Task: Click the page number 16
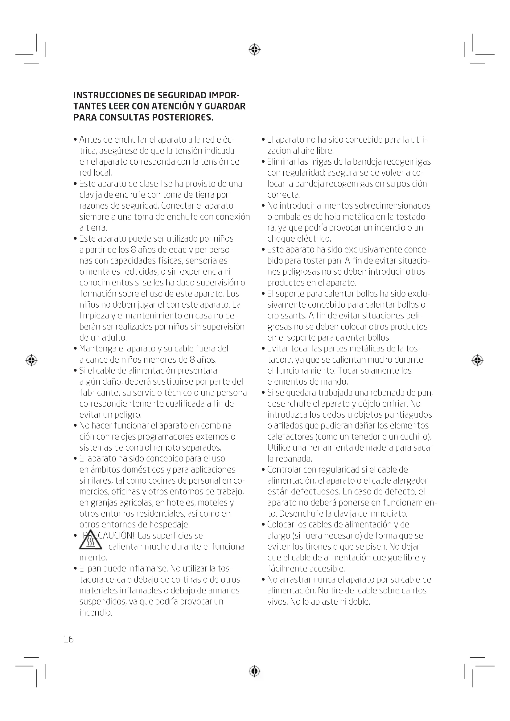coord(68,639)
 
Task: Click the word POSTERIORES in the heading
coord(183,117)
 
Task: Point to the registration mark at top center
coord(254,50)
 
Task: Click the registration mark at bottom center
coord(254,671)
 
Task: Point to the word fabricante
coord(95,392)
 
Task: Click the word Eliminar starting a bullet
coord(282,162)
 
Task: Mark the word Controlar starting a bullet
coord(285,469)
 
